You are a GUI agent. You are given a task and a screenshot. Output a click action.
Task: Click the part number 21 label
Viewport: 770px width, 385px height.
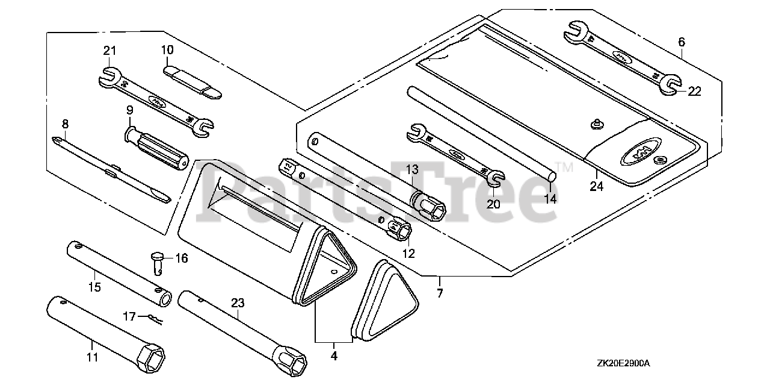[109, 51]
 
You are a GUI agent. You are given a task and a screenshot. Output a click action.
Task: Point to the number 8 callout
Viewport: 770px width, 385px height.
[65, 124]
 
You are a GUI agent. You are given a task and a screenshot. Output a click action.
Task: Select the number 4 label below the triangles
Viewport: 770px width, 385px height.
[334, 357]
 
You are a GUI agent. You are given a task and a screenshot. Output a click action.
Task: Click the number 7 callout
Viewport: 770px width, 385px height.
[440, 293]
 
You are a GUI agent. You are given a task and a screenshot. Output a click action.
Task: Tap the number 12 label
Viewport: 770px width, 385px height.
[409, 254]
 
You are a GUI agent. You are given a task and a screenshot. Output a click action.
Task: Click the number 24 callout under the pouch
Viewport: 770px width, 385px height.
[596, 187]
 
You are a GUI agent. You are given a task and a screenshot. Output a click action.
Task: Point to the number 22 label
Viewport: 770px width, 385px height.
[695, 91]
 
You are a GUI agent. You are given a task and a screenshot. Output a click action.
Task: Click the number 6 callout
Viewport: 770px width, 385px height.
[682, 42]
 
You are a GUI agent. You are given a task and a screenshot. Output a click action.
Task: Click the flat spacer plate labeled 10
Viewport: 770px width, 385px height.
[192, 83]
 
